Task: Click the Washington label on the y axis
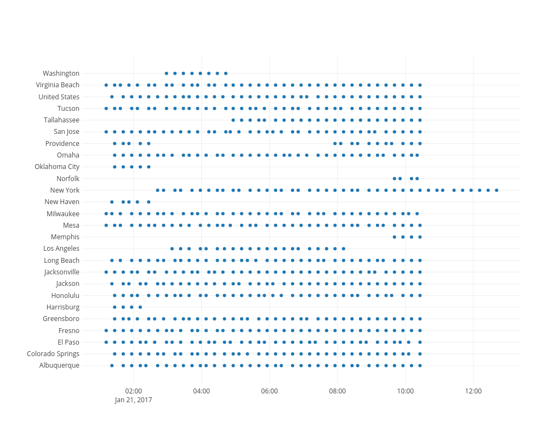pyautogui.click(x=61, y=74)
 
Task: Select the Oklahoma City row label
pyautogui.click(x=57, y=167)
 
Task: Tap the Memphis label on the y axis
pyautogui.click(x=65, y=237)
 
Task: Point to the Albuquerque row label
pyautogui.click(x=59, y=365)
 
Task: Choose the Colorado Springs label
pyautogui.click(x=53, y=354)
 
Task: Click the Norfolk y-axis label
pyautogui.click(x=68, y=179)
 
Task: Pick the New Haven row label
pyautogui.click(x=62, y=202)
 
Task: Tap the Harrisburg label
pyautogui.click(x=63, y=307)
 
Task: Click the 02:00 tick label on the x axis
pyautogui.click(x=134, y=391)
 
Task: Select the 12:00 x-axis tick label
pyautogui.click(x=473, y=391)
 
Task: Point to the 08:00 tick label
pyautogui.click(x=338, y=391)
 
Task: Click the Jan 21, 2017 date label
pyautogui.click(x=134, y=400)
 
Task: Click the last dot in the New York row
pyautogui.click(x=496, y=190)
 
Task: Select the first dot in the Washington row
pyautogui.click(x=167, y=73)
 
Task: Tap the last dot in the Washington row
pyautogui.click(x=226, y=73)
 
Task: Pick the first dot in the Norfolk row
pyautogui.click(x=395, y=178)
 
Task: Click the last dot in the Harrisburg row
pyautogui.click(x=140, y=307)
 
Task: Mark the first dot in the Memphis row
pyautogui.click(x=395, y=237)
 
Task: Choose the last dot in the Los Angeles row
pyautogui.click(x=344, y=249)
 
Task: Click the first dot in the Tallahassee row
pyautogui.click(x=233, y=120)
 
